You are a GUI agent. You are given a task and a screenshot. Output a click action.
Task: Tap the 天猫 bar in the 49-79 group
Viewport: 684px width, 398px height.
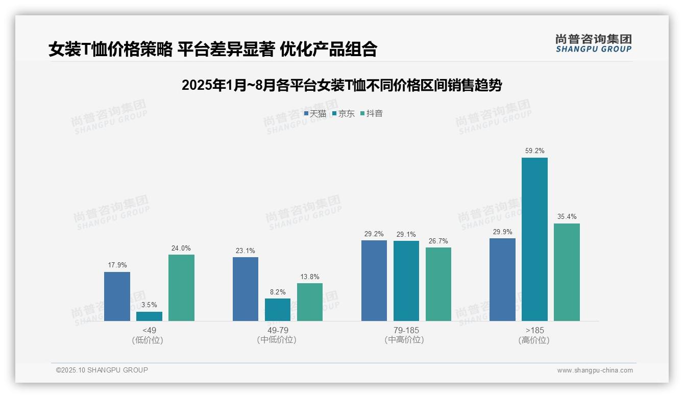click(x=246, y=289)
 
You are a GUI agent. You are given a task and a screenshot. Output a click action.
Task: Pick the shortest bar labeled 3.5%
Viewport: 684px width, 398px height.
click(x=149, y=316)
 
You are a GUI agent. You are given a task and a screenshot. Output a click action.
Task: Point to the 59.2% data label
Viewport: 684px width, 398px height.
click(x=534, y=151)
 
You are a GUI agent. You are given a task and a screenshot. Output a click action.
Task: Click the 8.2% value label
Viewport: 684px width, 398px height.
click(x=278, y=292)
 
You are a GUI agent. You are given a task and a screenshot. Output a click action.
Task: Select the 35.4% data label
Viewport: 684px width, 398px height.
click(x=567, y=217)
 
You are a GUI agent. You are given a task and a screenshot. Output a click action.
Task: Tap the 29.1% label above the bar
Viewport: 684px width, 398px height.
click(x=406, y=235)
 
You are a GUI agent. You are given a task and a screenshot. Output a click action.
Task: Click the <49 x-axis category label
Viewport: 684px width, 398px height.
click(x=149, y=330)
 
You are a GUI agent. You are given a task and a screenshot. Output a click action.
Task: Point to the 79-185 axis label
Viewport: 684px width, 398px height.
click(x=406, y=330)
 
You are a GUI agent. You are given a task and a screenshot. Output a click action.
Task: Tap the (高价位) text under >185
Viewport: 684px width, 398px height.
click(x=534, y=340)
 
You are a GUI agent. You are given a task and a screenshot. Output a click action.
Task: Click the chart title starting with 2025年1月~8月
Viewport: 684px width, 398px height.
click(x=341, y=85)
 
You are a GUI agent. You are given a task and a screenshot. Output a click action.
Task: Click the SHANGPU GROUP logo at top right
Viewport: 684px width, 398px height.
click(x=593, y=43)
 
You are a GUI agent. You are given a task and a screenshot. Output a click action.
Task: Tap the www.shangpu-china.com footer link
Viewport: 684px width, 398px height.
click(x=595, y=370)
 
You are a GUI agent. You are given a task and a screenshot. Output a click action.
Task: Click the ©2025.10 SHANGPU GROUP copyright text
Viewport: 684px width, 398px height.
click(x=102, y=370)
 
